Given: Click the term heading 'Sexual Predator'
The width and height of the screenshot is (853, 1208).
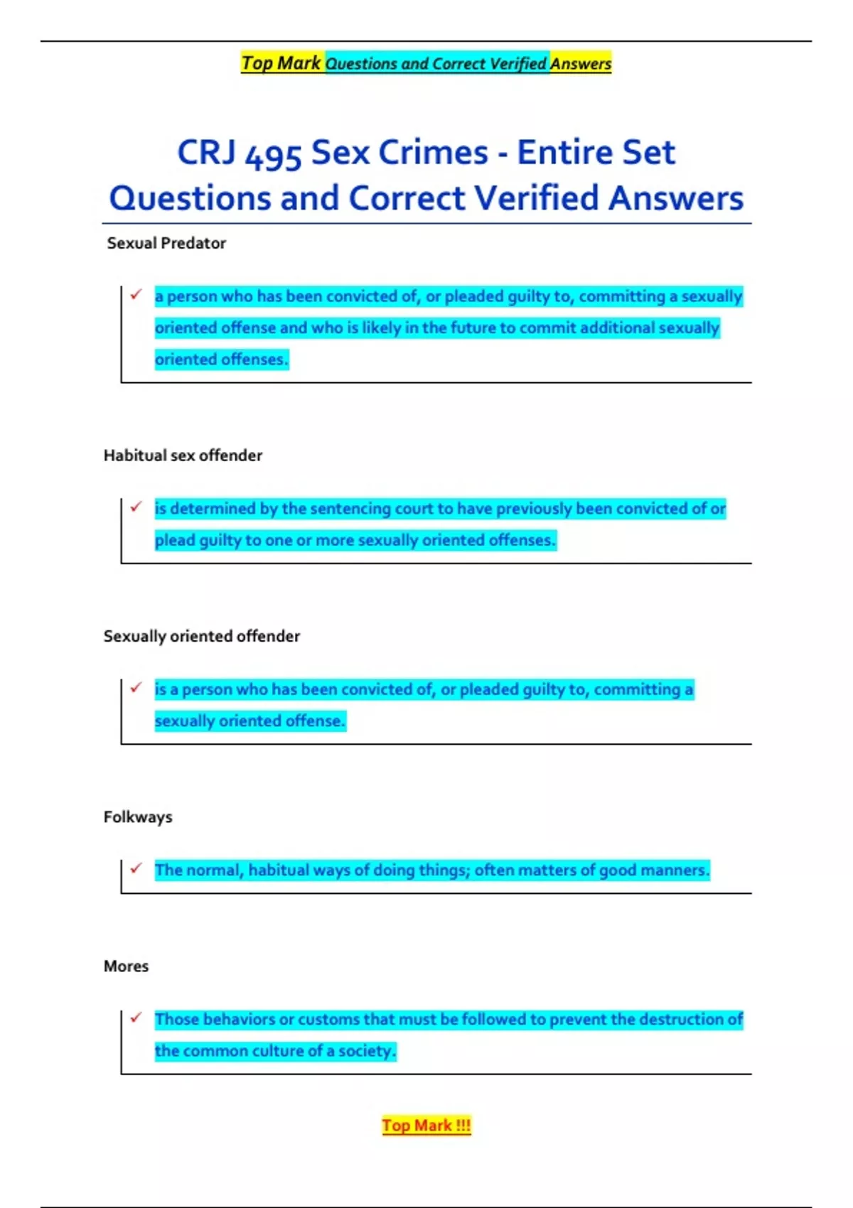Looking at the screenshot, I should [x=166, y=243].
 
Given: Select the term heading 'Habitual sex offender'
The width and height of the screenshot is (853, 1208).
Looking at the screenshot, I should [x=183, y=455].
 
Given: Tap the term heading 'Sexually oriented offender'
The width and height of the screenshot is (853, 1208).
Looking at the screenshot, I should [x=202, y=636].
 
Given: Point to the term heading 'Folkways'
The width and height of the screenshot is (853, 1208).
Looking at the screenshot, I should [x=138, y=817].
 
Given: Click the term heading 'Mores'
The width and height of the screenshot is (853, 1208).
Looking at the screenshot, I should [x=126, y=966].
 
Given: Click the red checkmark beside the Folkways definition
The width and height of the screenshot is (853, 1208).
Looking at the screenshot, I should [x=136, y=868].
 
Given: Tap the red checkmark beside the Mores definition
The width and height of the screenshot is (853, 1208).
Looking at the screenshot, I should [x=136, y=1017].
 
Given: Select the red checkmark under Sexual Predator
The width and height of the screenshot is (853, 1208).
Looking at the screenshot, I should [x=136, y=293].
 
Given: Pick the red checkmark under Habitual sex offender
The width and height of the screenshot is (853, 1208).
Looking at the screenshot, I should [x=136, y=506].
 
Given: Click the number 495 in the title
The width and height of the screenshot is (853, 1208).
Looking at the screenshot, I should [x=274, y=154].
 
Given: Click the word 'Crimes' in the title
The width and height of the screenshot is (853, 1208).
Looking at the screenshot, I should [x=434, y=153].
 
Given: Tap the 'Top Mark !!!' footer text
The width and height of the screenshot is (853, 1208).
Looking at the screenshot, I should [x=426, y=1126].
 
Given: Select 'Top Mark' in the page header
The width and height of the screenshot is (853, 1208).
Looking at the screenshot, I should [x=281, y=63].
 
